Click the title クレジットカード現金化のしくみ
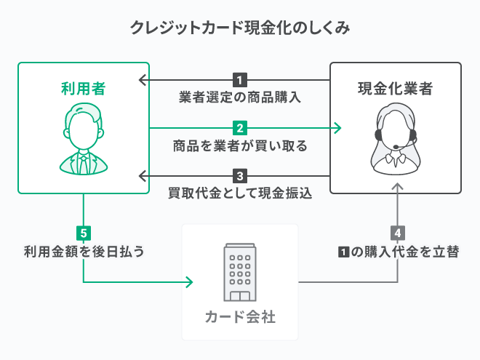coord(240,28)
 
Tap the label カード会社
coord(240,317)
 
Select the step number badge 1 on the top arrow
coord(240,79)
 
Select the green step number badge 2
coord(240,128)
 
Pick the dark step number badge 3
coord(240,176)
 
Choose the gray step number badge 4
coord(396,233)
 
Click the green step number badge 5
coord(84,233)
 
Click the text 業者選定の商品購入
coord(240,97)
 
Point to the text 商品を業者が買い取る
coord(240,145)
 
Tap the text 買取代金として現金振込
coord(240,193)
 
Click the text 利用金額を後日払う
coord(84,252)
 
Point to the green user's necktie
coord(83,163)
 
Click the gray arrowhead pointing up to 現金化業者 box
coord(396,188)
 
